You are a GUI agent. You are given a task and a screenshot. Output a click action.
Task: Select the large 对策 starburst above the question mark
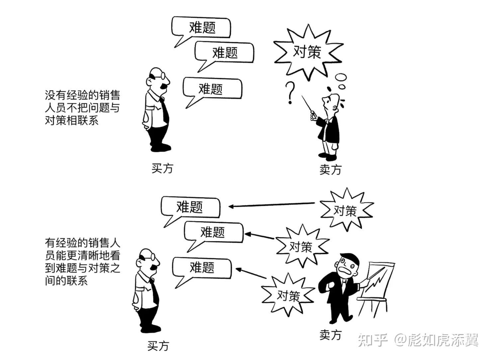coord(308,52)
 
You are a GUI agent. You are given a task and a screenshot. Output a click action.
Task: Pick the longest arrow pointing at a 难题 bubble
coord(272,205)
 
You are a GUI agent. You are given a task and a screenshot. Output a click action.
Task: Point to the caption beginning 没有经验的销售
coord(82,107)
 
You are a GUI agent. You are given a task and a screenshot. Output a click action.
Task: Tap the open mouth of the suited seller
coord(345,271)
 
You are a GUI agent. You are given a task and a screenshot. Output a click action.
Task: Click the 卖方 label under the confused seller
coord(330,170)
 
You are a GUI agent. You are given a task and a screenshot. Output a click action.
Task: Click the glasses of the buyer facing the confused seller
coord(158,76)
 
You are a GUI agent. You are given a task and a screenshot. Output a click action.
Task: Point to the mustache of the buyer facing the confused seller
coord(163,86)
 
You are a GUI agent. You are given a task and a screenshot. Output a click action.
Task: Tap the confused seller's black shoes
coord(327,157)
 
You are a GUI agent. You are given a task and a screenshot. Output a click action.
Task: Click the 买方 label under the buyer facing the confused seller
coord(162,169)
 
